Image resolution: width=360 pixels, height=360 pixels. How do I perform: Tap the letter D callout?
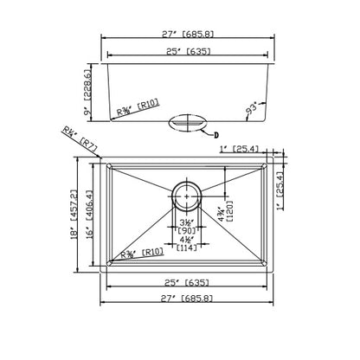point(217,134)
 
